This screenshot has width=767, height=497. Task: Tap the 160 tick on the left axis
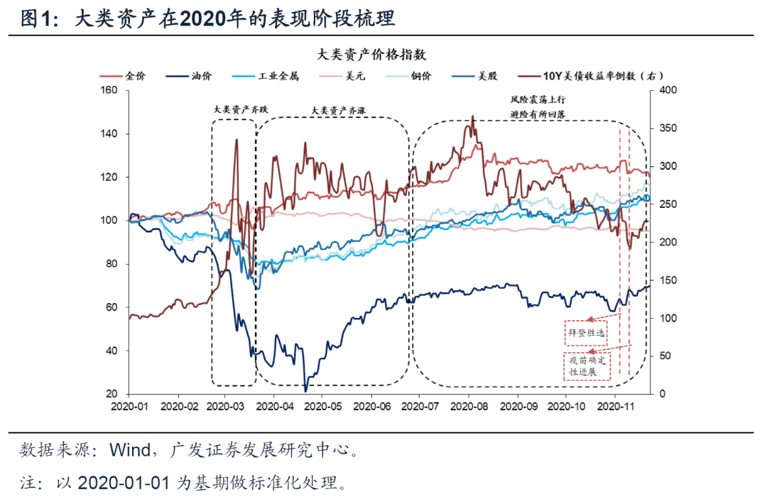(x=109, y=90)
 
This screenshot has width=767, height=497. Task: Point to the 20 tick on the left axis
(x=112, y=394)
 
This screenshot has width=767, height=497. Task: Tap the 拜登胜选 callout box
(x=587, y=332)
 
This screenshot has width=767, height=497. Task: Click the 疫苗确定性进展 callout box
(x=587, y=366)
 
